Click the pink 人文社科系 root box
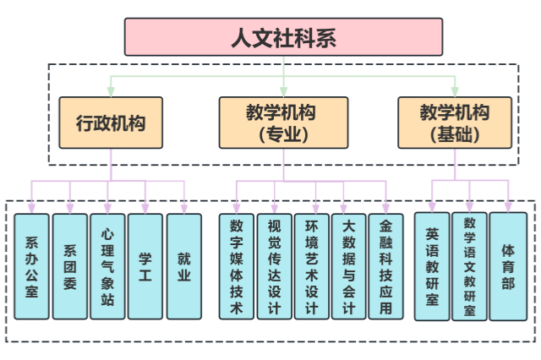click(x=283, y=37)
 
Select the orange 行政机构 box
click(x=111, y=123)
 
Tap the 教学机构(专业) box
click(x=283, y=123)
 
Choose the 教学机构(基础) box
click(x=455, y=123)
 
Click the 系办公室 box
click(x=32, y=266)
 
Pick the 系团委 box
click(x=70, y=266)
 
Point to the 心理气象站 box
click(x=107, y=266)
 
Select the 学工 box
click(x=145, y=266)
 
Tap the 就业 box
click(x=183, y=266)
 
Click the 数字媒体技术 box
click(x=237, y=266)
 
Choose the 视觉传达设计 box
click(x=274, y=266)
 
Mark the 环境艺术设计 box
click(x=312, y=266)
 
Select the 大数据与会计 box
click(x=349, y=266)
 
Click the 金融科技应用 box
click(x=386, y=266)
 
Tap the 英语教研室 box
click(x=432, y=266)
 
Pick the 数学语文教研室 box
click(x=470, y=266)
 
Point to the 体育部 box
click(x=508, y=266)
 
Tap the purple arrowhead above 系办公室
click(x=32, y=207)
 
